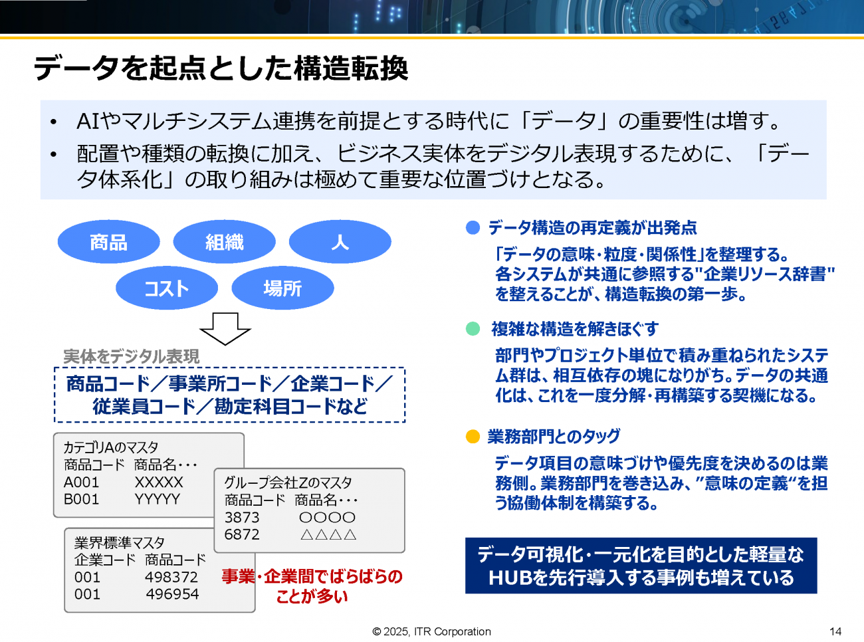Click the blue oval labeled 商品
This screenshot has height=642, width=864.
coord(109,242)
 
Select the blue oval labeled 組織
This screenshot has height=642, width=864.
coord(225,242)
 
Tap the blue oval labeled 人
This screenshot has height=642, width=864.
coord(340,242)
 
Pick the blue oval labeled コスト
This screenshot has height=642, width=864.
coord(167,288)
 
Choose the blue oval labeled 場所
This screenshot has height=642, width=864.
coord(283,288)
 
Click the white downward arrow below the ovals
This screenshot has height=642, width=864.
coord(225,329)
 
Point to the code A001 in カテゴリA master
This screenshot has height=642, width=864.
coord(81,482)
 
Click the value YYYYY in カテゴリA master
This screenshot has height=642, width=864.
coord(158,499)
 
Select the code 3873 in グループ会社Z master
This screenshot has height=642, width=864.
coord(242,517)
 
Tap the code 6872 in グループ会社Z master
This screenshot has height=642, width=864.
coord(242,534)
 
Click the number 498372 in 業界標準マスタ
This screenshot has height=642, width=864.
coord(171,577)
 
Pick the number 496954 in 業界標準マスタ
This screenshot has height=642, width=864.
coord(172,594)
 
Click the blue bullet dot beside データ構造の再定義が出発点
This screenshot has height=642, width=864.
coord(473,228)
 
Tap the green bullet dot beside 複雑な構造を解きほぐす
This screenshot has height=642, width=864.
coord(473,329)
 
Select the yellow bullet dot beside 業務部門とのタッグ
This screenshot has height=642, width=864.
coord(473,437)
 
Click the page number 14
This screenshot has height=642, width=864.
coord(835,631)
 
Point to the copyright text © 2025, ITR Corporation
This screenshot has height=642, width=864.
coord(431,631)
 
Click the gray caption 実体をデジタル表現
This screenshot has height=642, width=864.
coord(132,356)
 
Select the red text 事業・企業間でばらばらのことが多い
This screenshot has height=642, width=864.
coord(312,586)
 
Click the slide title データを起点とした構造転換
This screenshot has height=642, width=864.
coord(221,68)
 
